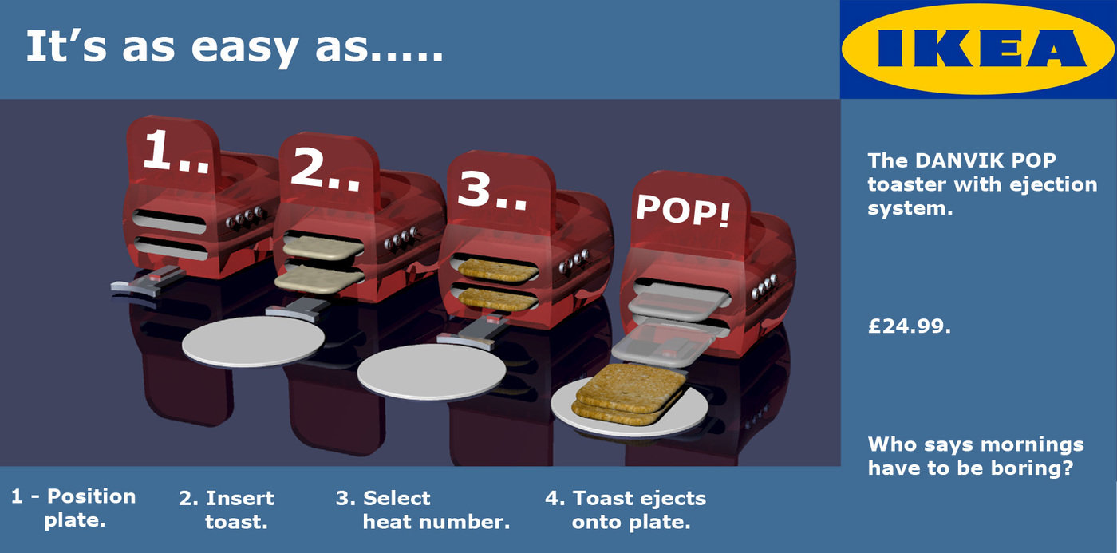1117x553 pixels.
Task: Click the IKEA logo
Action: [978, 49]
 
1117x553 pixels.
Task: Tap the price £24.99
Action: [910, 326]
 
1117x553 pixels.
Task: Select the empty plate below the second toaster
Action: [253, 342]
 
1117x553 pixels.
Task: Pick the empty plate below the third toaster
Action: [432, 372]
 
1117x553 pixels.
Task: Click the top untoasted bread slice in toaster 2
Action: [322, 247]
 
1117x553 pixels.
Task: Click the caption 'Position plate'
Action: [73, 508]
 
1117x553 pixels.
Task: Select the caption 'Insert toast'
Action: [227, 510]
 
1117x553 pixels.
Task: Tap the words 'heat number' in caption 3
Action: [436, 523]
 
